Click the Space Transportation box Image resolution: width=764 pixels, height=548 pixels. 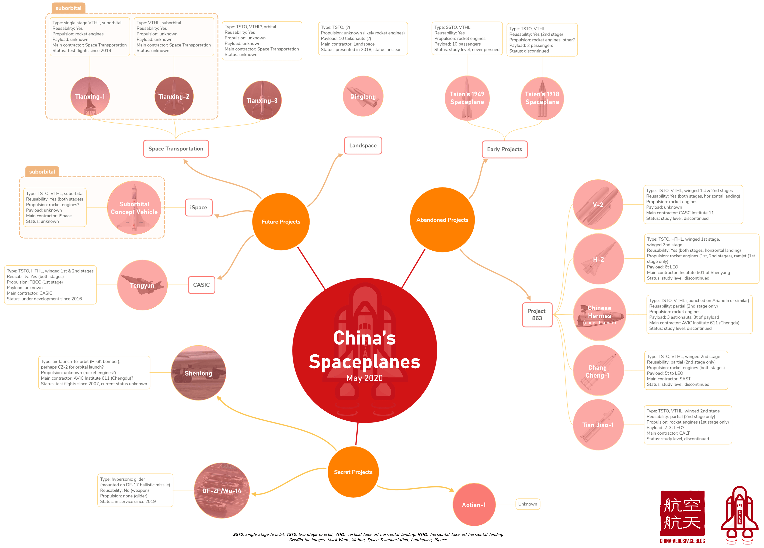[x=176, y=149]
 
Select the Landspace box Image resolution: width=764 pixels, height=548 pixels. [x=363, y=146]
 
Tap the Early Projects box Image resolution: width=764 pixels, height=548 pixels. [x=504, y=149]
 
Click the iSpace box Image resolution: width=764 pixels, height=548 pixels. [x=198, y=208]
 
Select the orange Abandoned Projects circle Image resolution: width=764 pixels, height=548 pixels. [x=442, y=220]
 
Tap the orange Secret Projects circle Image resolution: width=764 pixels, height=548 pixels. [x=353, y=472]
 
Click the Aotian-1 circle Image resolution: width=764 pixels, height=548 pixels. [x=474, y=505]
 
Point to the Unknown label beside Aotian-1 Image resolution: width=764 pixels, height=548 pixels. [x=528, y=504]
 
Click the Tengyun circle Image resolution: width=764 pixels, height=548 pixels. [x=142, y=285]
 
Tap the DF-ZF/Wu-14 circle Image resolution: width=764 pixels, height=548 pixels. [x=222, y=491]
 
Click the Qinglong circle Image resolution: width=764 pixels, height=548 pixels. [x=363, y=96]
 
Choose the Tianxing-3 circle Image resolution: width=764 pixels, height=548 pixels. [x=262, y=100]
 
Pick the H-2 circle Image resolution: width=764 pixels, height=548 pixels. [x=598, y=259]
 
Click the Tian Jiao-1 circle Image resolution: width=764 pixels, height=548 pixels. [x=598, y=425]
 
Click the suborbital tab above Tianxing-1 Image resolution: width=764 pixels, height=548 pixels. [x=68, y=8]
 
